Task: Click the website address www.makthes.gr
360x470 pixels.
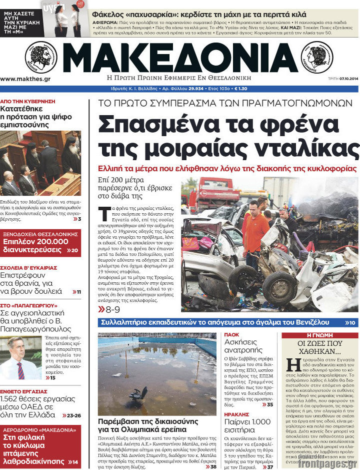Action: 25,79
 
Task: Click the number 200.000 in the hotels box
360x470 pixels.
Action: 53,241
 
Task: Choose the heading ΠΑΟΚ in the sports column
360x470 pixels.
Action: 231,335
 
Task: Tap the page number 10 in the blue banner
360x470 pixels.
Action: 351,323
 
